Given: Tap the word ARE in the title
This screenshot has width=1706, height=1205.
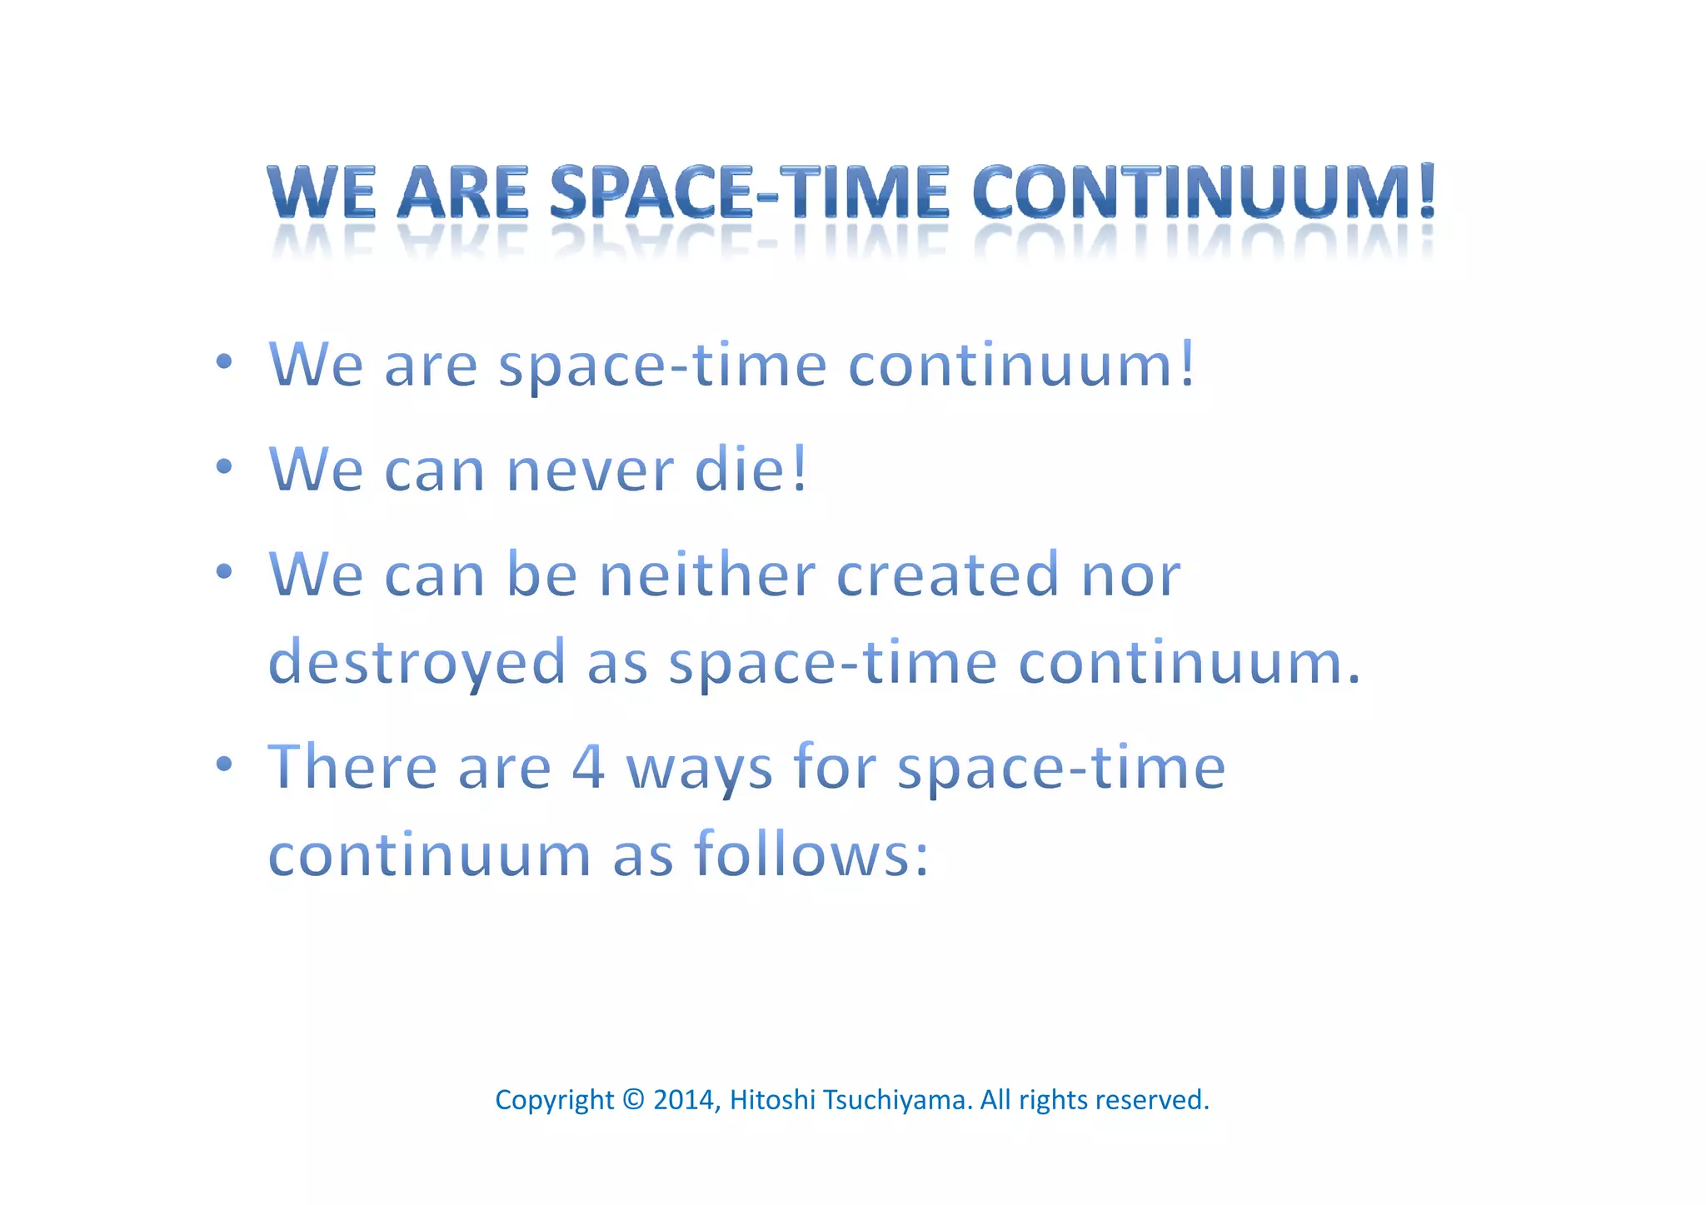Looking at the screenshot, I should click(463, 192).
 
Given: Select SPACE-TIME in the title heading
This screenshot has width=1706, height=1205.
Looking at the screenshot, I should click(749, 192).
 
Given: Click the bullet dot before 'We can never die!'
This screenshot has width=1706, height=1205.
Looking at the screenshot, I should click(223, 467).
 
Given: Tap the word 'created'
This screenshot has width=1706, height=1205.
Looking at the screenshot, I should click(947, 575).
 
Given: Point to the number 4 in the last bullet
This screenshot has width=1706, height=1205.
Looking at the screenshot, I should click(588, 767).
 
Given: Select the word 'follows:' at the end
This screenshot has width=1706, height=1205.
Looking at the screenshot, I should click(811, 855).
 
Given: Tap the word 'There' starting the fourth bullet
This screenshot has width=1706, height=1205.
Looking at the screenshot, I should click(352, 767).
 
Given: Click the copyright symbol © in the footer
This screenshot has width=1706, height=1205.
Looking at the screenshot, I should click(633, 1100).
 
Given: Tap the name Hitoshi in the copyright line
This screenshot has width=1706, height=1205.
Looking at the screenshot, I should click(772, 1100).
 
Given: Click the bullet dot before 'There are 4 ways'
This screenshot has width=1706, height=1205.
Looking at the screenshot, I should click(223, 764).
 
